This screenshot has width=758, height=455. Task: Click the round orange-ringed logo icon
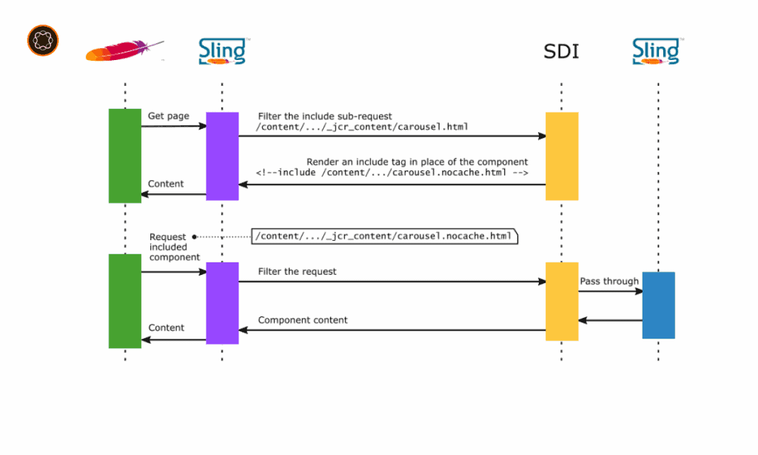point(43,40)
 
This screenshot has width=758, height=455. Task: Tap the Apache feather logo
point(124,50)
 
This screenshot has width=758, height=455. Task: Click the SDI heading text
point(561,51)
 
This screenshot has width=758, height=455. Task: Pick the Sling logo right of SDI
point(657,51)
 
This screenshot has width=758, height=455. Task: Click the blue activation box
point(658,305)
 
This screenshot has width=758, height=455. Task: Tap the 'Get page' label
point(168,116)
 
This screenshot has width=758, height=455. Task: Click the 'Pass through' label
point(609,281)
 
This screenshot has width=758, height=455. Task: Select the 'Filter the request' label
point(297,271)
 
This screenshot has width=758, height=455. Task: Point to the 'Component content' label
point(303,319)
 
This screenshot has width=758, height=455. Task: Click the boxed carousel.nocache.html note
point(385,236)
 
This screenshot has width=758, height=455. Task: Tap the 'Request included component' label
point(175,247)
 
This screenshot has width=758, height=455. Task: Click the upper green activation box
point(124,156)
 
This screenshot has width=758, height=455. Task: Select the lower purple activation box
point(222,303)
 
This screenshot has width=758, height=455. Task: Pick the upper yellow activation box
point(562,156)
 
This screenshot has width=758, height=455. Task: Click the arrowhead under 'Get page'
point(203,126)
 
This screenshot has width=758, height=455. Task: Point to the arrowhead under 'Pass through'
point(639,291)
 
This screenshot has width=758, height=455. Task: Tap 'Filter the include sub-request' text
point(325,116)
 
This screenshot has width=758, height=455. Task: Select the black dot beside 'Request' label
point(195,236)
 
